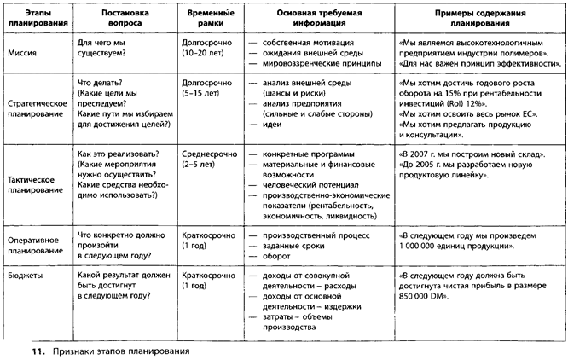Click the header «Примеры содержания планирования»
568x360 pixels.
point(479,20)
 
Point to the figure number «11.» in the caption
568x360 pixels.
point(33,350)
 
